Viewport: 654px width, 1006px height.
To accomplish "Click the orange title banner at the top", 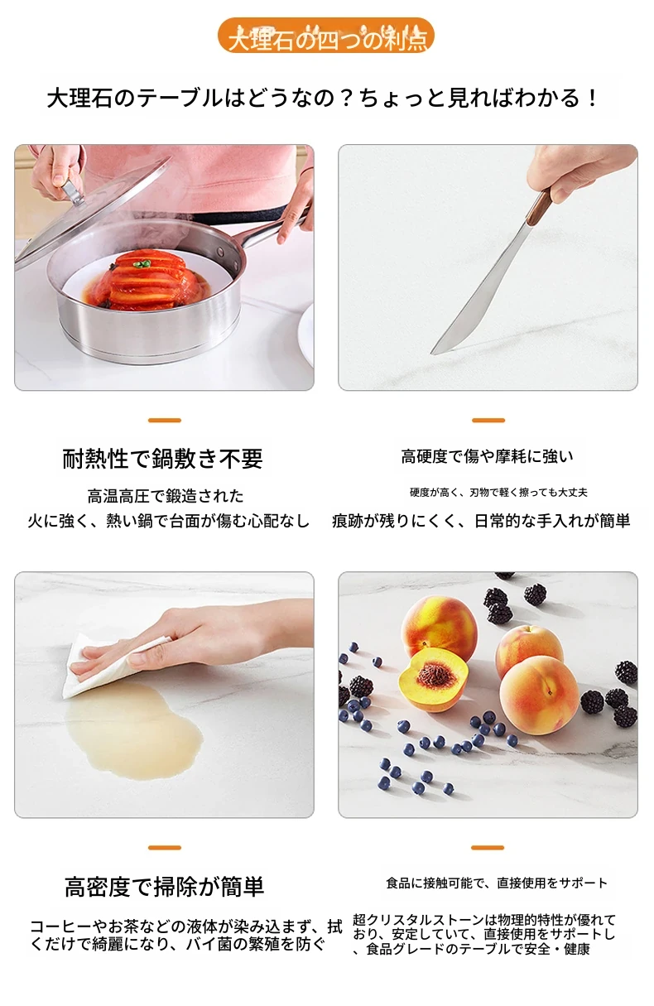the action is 326,36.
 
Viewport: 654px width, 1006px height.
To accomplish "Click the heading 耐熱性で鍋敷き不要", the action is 162,459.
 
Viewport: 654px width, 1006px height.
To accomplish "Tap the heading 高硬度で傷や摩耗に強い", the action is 488,457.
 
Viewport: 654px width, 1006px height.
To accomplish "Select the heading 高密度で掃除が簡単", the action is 165,887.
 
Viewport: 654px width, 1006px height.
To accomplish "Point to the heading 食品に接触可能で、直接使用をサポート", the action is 497,883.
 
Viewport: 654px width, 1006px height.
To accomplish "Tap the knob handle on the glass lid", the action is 72,193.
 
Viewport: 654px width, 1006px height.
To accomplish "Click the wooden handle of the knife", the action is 539,207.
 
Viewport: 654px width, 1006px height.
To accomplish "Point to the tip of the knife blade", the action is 431,354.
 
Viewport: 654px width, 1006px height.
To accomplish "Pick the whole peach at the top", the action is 439,623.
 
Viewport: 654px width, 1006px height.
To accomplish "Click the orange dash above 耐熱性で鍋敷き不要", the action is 165,421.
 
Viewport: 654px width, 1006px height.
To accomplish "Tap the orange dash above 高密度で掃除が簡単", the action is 165,848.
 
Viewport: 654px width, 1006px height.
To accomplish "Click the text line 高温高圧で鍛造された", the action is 166,496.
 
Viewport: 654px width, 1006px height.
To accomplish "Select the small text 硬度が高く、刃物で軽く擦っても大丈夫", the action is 498,493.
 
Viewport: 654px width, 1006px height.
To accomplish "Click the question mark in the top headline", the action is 345,98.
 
